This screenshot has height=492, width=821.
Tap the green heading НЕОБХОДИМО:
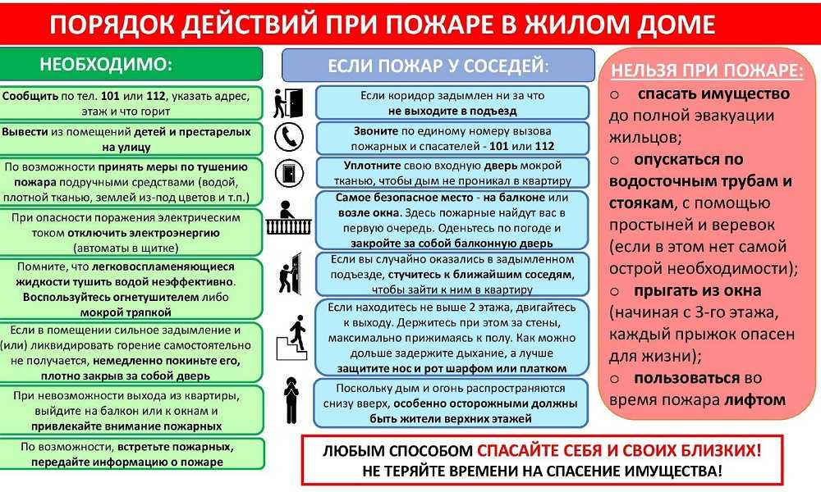[106, 64]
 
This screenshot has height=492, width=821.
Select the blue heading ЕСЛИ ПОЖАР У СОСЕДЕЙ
[438, 66]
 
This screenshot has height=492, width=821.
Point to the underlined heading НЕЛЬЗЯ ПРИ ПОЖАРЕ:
[707, 71]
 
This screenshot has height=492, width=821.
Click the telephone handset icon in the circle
[288, 137]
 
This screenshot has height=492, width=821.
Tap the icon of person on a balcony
[288, 217]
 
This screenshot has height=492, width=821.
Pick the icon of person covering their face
[291, 400]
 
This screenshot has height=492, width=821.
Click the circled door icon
[289, 173]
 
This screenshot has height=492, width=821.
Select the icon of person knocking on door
[291, 273]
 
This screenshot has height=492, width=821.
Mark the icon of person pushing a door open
[288, 103]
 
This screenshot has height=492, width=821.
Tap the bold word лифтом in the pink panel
[755, 400]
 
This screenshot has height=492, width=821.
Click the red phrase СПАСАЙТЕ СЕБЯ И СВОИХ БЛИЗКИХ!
[619, 450]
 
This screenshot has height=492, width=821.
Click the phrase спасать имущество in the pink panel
[713, 93]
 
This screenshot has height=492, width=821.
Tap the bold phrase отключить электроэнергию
[144, 233]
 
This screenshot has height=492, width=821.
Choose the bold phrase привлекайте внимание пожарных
[126, 426]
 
